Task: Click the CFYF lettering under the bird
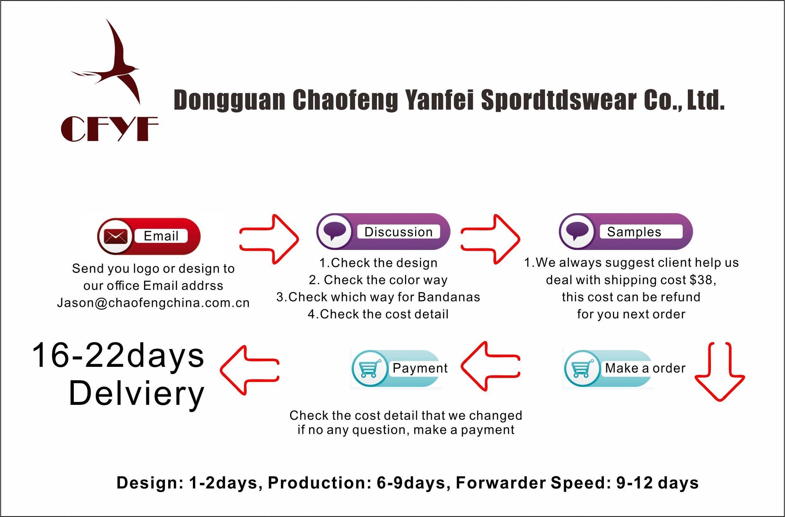tap(109, 129)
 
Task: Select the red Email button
tap(149, 236)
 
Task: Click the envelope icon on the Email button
tap(115, 236)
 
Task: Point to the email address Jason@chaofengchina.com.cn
tap(153, 303)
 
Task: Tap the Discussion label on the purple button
tap(398, 232)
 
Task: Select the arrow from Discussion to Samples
tap(491, 239)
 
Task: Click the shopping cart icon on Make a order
tap(581, 368)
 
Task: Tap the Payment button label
tap(420, 368)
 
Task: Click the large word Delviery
tap(137, 394)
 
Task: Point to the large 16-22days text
tap(118, 356)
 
